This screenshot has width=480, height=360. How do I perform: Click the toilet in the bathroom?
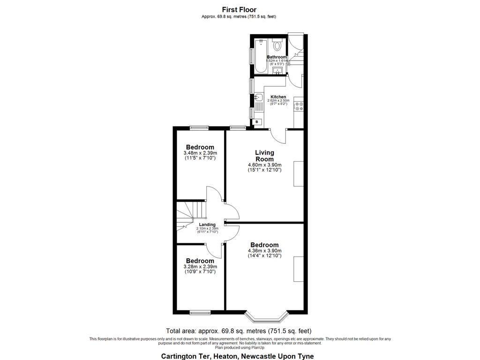coord(277,45)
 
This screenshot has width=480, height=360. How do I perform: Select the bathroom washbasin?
coord(277,71)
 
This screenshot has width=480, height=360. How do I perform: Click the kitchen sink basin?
coord(258,98)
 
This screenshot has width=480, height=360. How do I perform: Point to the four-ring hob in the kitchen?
coord(298,106)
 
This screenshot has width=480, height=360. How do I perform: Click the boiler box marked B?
coord(256,122)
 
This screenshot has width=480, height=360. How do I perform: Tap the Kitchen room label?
coord(278,97)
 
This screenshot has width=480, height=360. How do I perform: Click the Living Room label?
coord(264,156)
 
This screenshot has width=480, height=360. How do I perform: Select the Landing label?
coord(207,225)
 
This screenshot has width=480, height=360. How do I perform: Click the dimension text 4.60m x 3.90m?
coord(264,165)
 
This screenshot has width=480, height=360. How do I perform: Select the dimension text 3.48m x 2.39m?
coord(200,153)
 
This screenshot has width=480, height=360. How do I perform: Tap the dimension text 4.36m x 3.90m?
coord(264,251)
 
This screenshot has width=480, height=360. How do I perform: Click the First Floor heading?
coord(239,9)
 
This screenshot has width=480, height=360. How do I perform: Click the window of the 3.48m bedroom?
coord(200,127)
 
